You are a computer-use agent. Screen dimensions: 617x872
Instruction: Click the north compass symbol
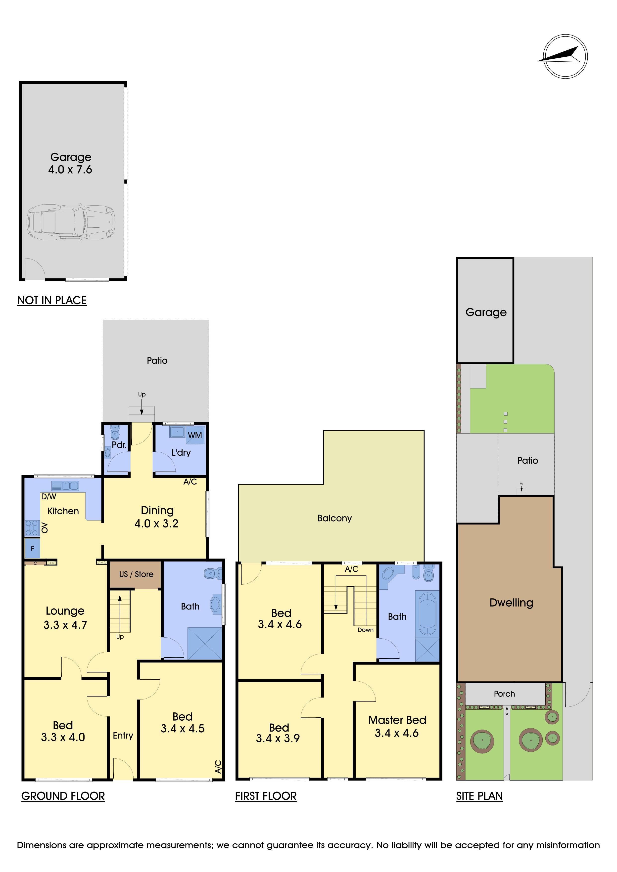coord(565,57)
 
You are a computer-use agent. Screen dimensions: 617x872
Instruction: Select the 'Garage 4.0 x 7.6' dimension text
coord(70,163)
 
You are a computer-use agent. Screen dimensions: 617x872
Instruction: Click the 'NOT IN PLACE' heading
coord(52,301)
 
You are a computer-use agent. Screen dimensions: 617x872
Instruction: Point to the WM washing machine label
coord(195,435)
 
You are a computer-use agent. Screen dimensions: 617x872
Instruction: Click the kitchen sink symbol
coord(65,485)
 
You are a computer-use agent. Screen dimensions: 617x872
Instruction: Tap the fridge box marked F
coord(32,548)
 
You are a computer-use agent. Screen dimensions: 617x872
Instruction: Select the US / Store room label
coord(136,574)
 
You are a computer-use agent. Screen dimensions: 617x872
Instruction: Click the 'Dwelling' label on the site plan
coord(511,603)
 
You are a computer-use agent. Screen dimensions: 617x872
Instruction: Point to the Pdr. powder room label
coord(119,445)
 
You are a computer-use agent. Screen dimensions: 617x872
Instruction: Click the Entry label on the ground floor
coord(123,736)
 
